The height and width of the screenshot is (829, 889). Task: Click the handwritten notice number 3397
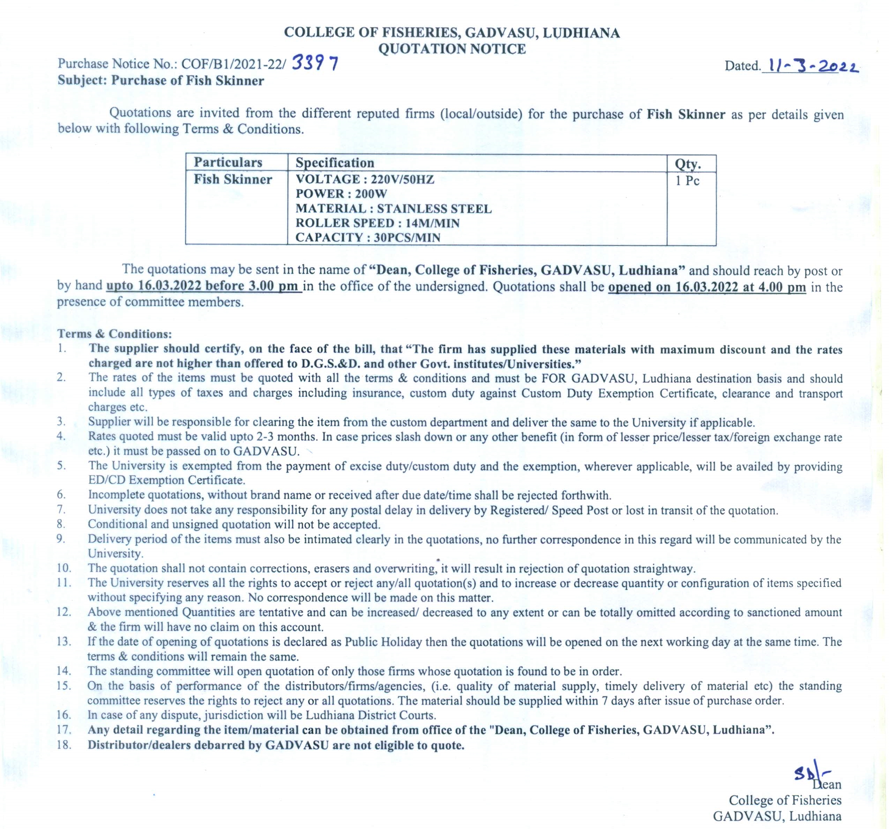pos(315,64)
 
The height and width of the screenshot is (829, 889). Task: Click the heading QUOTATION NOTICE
pos(452,48)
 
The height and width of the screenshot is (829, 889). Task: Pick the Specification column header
pos(335,162)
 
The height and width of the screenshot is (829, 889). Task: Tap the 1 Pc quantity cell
pos(687,181)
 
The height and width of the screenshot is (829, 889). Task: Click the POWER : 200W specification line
pos(341,194)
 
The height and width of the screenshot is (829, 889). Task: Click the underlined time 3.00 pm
pos(273,286)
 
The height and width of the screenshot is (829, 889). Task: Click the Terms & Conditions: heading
pos(114,334)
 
